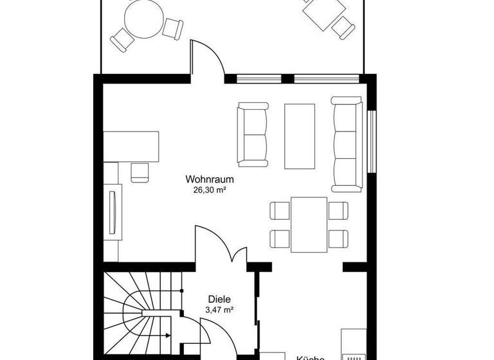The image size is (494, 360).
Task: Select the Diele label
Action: click(219, 299)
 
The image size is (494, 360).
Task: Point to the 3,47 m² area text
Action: click(219, 310)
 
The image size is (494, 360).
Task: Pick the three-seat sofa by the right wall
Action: click(347, 144)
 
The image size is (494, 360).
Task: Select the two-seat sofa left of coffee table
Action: click(253, 133)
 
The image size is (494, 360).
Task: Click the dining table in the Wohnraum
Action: click(309, 224)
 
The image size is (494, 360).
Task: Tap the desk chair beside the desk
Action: click(140, 172)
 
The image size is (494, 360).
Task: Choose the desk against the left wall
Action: click(131, 146)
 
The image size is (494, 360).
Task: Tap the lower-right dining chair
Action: click(338, 239)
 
